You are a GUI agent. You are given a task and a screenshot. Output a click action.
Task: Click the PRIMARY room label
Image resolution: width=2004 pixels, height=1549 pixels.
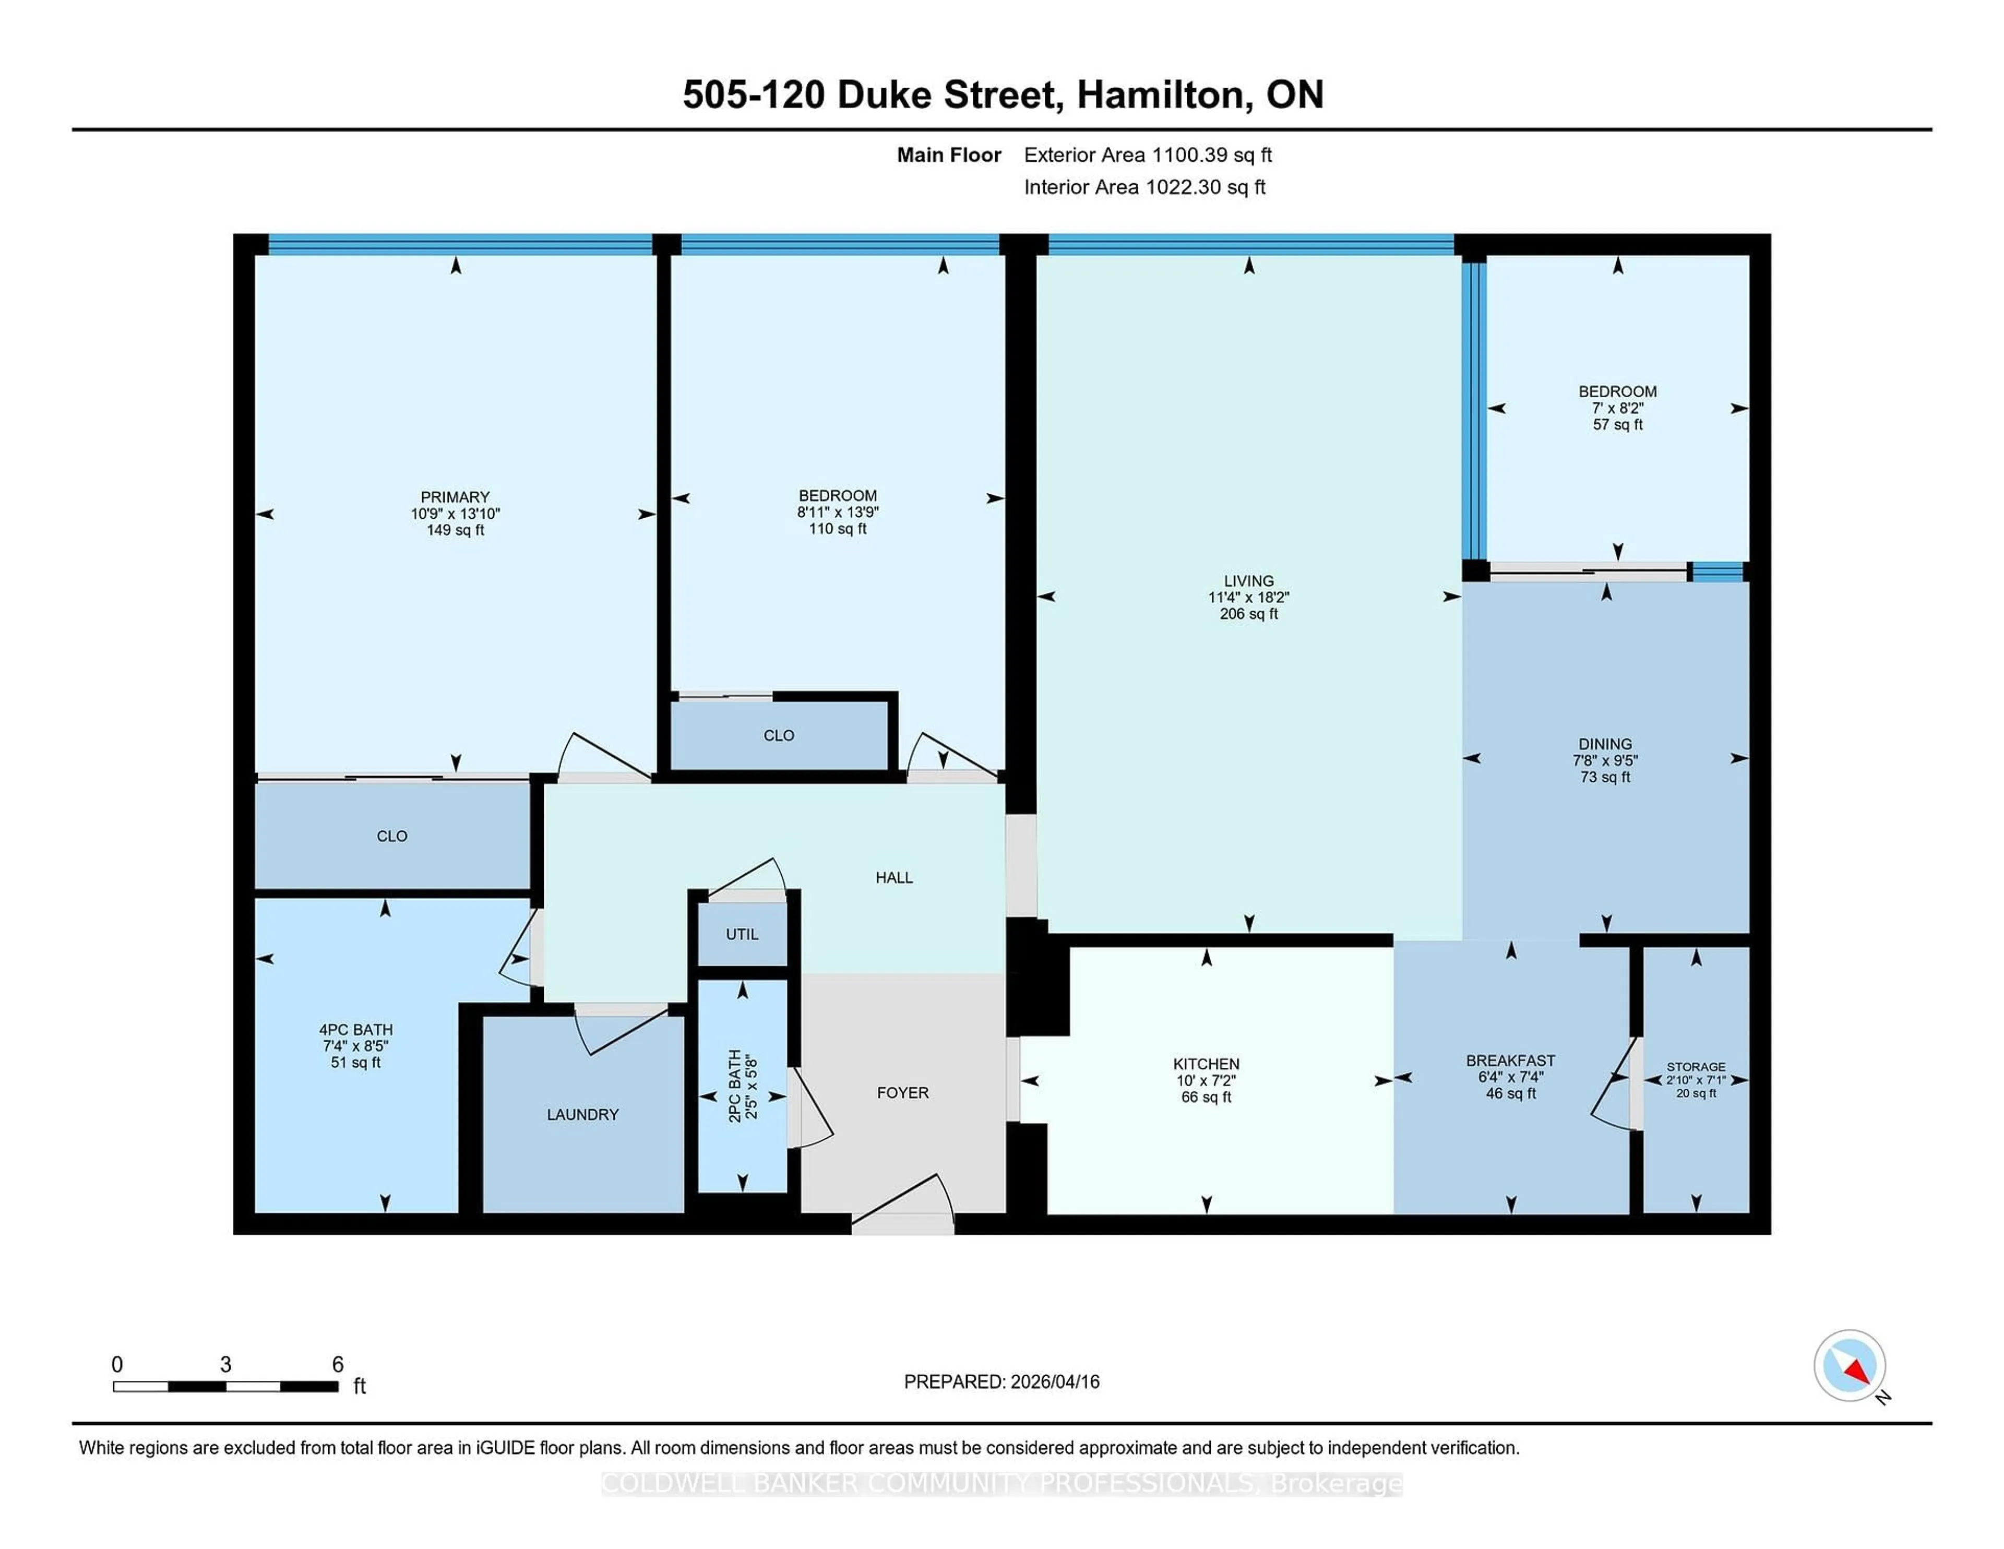point(455,496)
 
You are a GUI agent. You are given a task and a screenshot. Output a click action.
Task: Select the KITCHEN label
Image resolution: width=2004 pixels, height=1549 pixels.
point(1206,1064)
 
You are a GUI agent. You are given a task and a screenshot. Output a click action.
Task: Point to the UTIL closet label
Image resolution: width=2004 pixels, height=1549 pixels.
point(742,934)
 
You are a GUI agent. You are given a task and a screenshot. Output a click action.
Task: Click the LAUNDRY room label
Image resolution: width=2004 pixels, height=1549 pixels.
point(582,1114)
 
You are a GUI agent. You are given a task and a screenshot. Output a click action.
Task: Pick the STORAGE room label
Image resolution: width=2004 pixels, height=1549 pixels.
point(1696,1066)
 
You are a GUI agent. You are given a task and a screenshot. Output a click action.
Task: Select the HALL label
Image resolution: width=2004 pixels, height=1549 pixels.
point(894,877)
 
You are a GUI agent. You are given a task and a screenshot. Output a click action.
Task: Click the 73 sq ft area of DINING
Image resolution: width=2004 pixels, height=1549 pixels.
point(1605,777)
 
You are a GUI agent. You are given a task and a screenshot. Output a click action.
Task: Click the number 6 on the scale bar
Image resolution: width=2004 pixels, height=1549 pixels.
point(338,1365)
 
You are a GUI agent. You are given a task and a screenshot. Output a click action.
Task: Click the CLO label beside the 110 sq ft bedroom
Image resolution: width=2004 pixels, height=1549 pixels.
point(778,735)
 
